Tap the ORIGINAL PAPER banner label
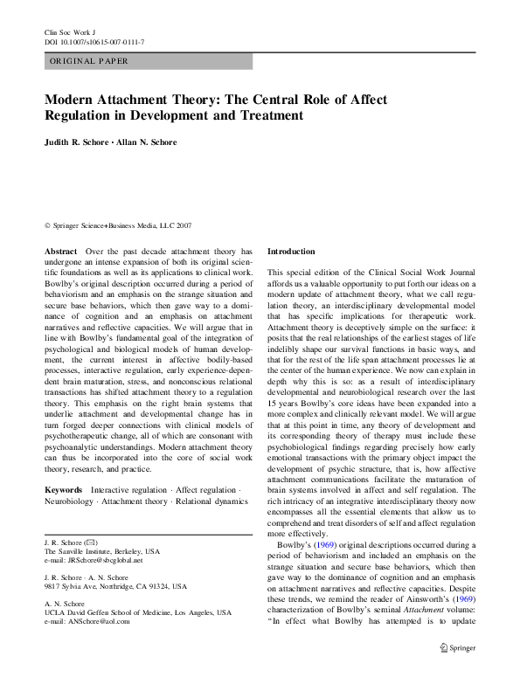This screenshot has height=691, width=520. coord(89,62)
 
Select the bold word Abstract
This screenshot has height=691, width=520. coord(61,251)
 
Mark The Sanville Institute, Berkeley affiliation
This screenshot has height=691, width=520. coord(102,552)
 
